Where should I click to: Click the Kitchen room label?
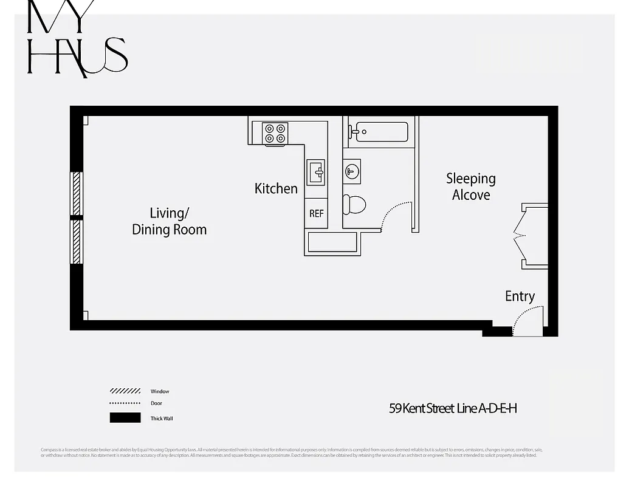276,189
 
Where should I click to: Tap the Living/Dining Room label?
169,221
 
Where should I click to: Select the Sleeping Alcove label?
471,187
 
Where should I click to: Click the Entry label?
520,296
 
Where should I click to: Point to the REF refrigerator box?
316,214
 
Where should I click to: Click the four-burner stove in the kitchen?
275,134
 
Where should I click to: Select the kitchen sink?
315,172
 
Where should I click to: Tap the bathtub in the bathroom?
381,132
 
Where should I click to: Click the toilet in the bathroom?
354,205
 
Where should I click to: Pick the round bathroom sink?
352,171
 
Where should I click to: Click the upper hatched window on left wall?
77,193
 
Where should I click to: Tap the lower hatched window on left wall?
77,241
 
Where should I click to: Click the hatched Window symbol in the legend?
125,391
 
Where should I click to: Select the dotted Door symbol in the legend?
125,403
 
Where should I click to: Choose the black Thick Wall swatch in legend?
125,418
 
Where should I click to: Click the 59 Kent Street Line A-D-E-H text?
453,408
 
